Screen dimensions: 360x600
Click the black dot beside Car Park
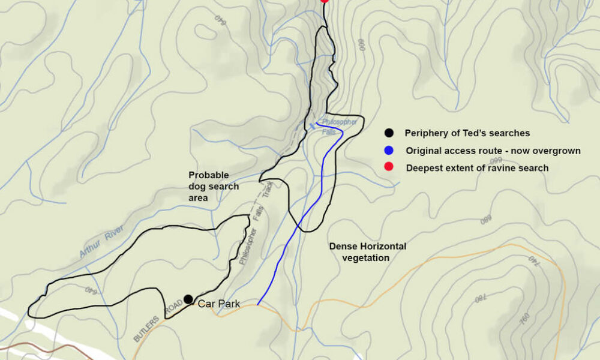pos(188,299)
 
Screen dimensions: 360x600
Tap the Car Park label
pos(219,304)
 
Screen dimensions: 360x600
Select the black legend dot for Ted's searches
pos(389,133)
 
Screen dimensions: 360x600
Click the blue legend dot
pos(389,150)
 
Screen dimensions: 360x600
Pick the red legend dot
pos(389,167)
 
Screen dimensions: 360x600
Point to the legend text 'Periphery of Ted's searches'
pos(467,133)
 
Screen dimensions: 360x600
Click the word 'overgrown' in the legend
pos(559,151)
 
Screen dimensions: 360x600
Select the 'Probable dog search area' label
pos(214,186)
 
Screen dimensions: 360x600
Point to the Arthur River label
pos(101,242)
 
